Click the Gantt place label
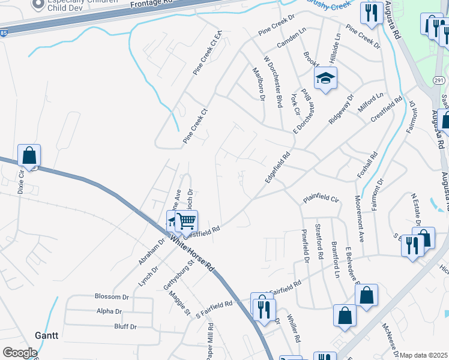point(46,335)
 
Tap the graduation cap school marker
point(325,79)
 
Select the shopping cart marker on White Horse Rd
point(186,222)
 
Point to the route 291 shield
point(438,80)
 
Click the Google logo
point(20,353)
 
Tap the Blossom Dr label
point(112,296)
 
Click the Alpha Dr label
point(109,311)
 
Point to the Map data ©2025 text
point(424,355)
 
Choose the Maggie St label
point(179,304)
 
